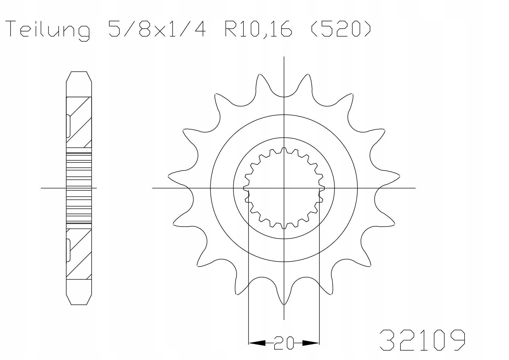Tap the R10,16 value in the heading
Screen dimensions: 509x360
click(x=258, y=29)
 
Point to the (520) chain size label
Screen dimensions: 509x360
click(x=341, y=29)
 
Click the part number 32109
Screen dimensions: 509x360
click(x=423, y=340)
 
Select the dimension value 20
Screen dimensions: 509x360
click(x=284, y=343)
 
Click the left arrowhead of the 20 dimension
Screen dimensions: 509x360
click(x=257, y=343)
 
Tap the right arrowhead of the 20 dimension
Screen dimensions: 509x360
click(x=311, y=343)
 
